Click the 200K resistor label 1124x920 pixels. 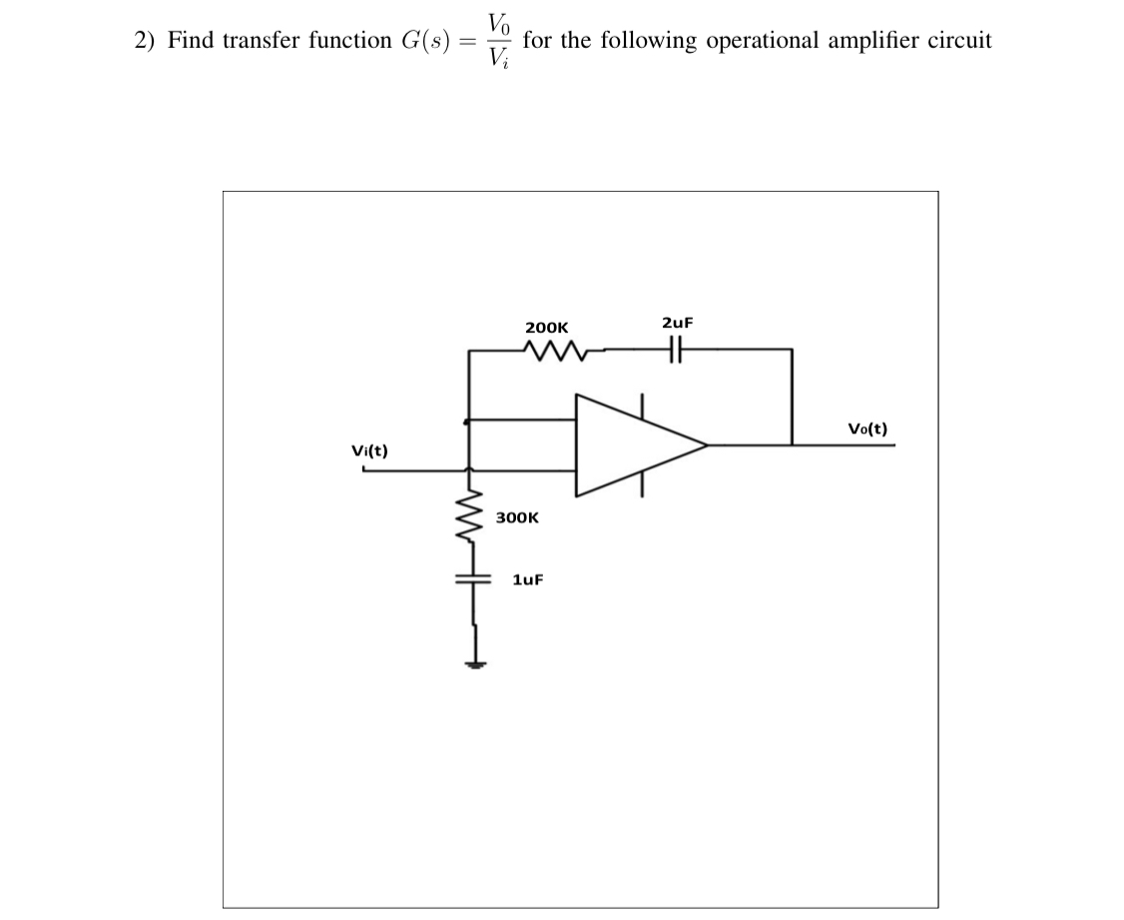pos(546,327)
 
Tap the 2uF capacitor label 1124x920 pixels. pos(677,323)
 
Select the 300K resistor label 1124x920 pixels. pos(517,518)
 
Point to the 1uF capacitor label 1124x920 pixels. pos(527,579)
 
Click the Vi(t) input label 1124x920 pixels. pos(370,451)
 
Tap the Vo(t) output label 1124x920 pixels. pos(867,430)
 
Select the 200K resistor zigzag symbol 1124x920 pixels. pos(548,351)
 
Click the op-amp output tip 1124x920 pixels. pos(707,445)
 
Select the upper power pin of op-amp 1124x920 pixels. pos(642,404)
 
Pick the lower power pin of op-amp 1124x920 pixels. pos(642,485)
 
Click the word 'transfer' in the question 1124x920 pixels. pos(245,41)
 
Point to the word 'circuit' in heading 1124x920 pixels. pos(961,41)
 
